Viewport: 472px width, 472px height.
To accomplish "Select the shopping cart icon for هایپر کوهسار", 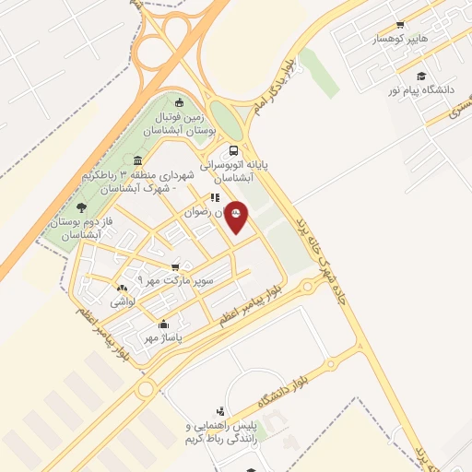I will click(x=399, y=25).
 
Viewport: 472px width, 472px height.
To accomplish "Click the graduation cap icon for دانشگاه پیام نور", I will click(x=421, y=77).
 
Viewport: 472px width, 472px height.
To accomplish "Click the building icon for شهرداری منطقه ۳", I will click(x=137, y=160).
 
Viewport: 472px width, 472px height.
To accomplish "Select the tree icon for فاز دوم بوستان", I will click(x=81, y=207).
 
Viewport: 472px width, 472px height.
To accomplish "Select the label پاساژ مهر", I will click(x=163, y=337).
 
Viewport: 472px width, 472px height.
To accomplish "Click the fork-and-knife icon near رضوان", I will click(x=214, y=197).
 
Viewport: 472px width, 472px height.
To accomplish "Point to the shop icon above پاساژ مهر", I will click(x=163, y=324).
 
